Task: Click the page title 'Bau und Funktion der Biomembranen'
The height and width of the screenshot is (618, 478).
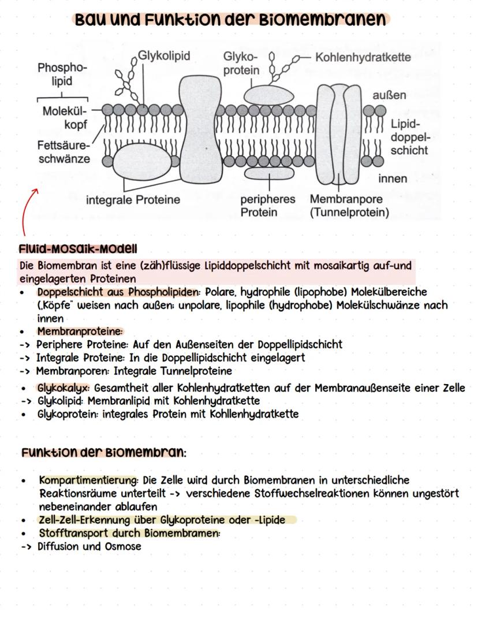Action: point(230,19)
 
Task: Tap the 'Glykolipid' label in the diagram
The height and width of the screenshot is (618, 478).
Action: point(164,56)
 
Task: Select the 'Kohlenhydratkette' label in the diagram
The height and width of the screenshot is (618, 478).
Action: point(363,57)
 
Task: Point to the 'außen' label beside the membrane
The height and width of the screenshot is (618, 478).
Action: point(389,95)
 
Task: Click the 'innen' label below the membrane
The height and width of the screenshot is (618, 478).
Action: point(393,178)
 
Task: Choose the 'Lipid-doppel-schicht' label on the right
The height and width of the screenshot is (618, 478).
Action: point(409,137)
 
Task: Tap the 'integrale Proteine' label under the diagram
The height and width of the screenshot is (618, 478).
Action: point(133,200)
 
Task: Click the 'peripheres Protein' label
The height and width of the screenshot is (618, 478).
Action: point(267,206)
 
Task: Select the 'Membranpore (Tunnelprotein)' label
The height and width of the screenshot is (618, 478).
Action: point(349,206)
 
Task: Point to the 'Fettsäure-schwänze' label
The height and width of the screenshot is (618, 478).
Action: point(64,152)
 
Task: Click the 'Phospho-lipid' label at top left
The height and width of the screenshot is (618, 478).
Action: point(62,75)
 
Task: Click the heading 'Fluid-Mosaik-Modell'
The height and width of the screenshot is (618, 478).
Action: point(78,249)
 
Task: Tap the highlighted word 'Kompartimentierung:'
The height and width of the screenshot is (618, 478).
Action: point(89,480)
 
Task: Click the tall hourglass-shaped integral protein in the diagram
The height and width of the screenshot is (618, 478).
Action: point(202,130)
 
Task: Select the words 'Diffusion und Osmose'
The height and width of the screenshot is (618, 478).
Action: point(89,546)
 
